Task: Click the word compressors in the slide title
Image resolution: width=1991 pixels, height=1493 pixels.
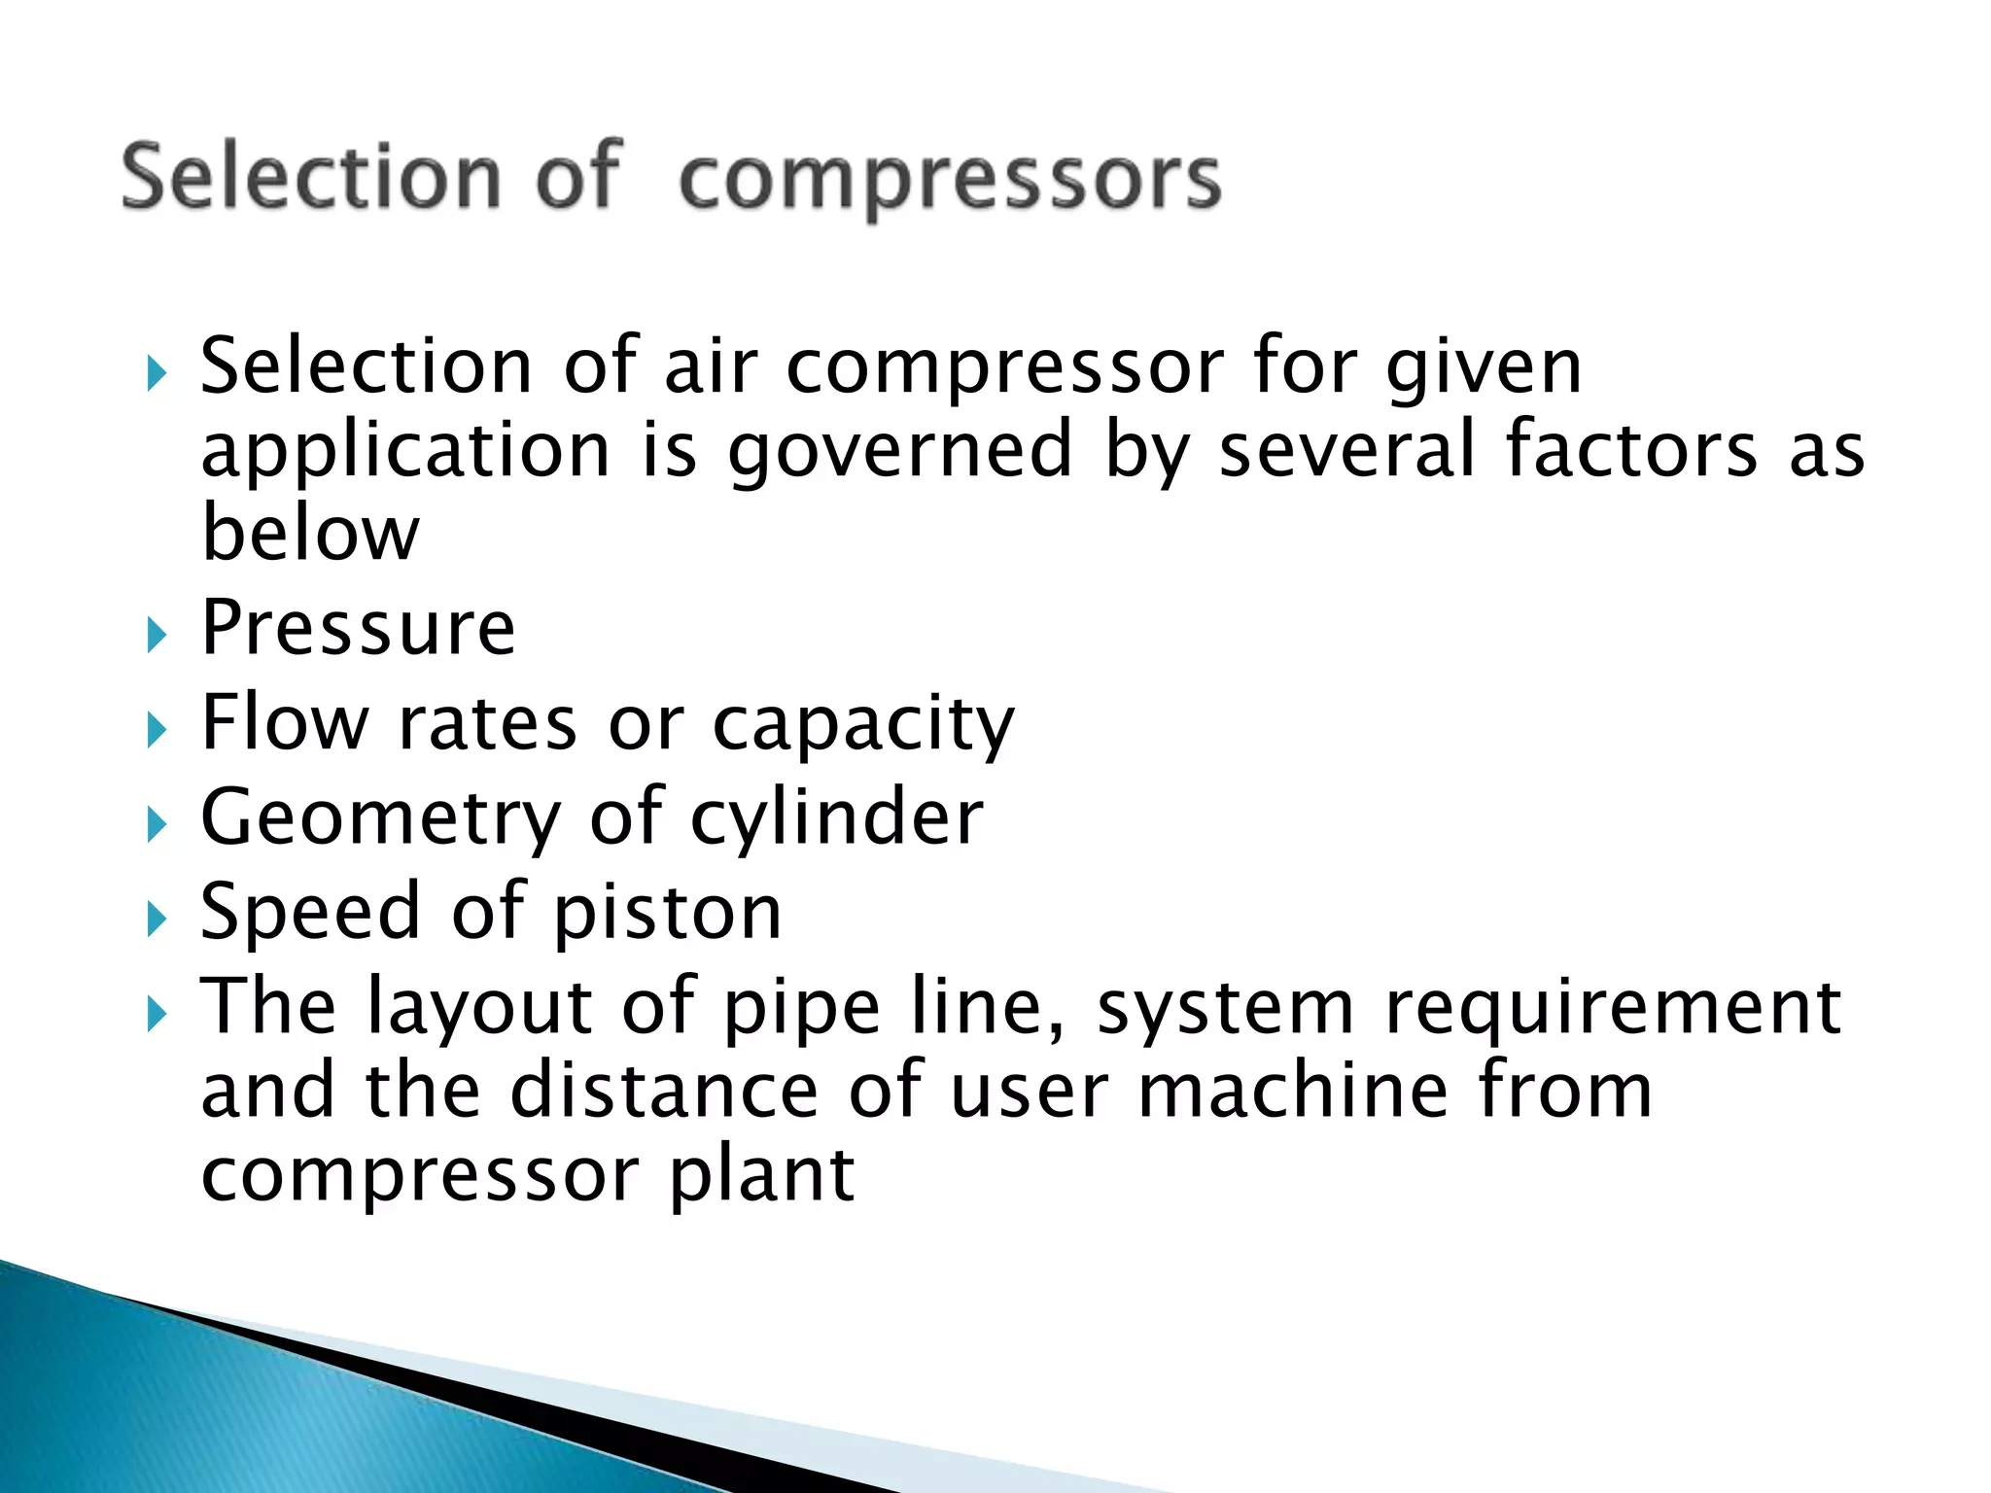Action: click(x=949, y=180)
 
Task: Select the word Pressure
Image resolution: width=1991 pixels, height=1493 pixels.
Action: click(x=358, y=628)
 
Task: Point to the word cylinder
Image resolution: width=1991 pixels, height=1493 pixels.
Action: click(x=836, y=818)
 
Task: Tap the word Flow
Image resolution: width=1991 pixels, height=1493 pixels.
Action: click(x=285, y=722)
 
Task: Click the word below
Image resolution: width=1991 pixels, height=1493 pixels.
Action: click(x=310, y=533)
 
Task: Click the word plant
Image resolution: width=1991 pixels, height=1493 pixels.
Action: click(x=761, y=1175)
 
